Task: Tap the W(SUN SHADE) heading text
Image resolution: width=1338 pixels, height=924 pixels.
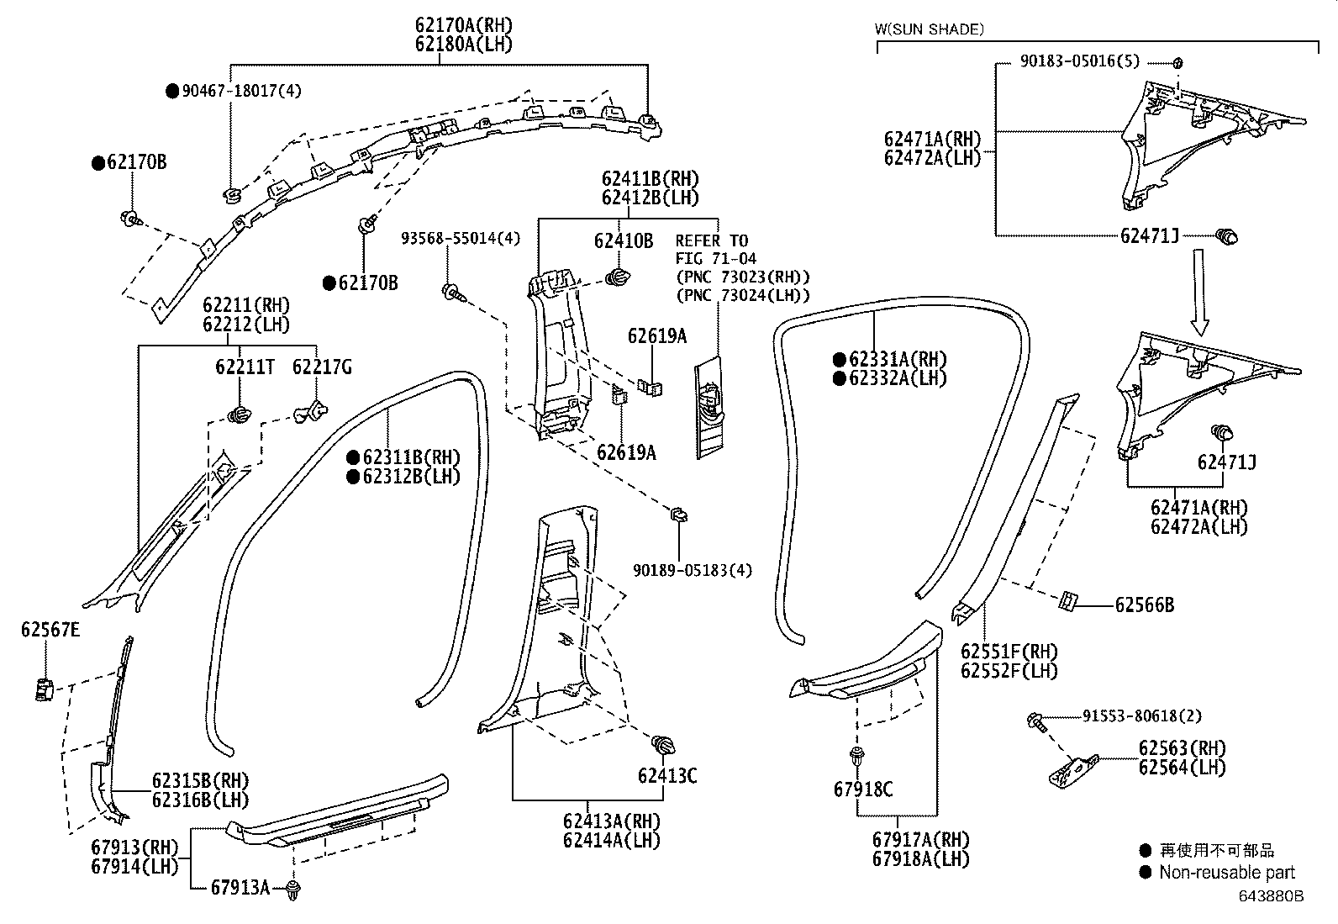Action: point(929,29)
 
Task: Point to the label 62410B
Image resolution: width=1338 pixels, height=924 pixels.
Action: point(623,240)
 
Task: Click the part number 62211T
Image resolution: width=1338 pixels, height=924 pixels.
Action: point(244,367)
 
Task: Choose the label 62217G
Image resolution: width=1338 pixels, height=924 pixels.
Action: point(322,367)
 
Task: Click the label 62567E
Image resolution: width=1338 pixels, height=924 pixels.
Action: point(50,629)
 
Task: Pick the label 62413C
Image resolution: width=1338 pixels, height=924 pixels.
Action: point(666,775)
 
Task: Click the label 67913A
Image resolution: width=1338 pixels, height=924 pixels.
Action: point(240,887)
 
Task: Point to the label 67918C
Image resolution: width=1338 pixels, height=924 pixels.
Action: point(863,789)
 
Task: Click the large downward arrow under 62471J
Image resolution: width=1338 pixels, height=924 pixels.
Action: point(1199,291)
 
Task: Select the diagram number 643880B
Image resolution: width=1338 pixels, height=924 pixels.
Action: point(1269,896)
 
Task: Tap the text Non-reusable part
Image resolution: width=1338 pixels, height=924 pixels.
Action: point(1226,873)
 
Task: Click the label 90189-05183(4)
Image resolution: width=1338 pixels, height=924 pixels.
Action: point(693,570)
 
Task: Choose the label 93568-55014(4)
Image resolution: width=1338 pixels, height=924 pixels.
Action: point(460,239)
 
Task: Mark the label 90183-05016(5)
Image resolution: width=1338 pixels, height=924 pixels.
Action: point(1080,61)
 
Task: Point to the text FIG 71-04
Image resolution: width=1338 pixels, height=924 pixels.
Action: point(716,258)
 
